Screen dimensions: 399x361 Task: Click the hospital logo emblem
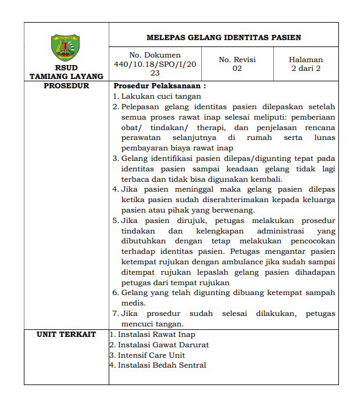66,48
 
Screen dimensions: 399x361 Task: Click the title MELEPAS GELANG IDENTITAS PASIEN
224,38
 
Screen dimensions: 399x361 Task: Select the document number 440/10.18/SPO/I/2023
147,64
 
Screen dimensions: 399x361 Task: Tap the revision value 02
237,69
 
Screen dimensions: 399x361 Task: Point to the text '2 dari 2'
306,69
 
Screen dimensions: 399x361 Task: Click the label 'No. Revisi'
237,60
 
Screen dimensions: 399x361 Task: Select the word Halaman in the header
306,60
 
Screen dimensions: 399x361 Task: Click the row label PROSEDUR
66,86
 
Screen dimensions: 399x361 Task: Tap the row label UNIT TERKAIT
66,335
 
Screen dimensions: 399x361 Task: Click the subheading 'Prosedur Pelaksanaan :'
160,86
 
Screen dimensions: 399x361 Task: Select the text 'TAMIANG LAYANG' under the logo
66,76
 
